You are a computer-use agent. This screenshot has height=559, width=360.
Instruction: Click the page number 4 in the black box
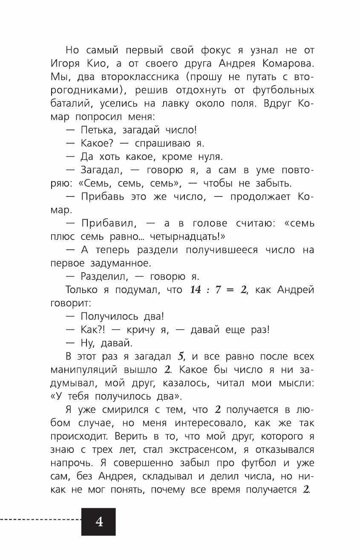click(x=99, y=522)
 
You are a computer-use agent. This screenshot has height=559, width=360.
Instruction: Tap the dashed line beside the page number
click(x=40, y=520)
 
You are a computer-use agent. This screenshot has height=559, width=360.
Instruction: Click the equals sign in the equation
click(x=233, y=290)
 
